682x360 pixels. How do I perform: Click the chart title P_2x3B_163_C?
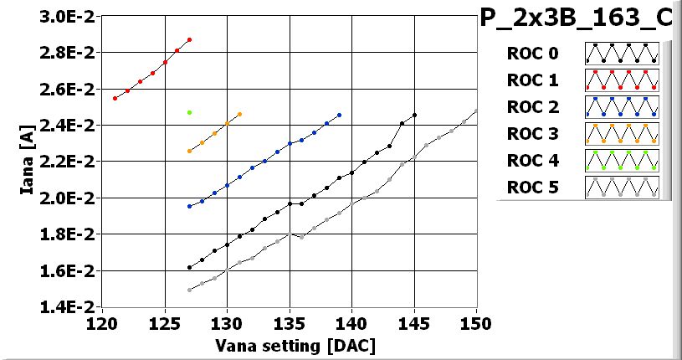(x=576, y=18)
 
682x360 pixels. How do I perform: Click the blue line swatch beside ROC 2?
(x=621, y=106)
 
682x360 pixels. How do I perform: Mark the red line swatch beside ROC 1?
(x=621, y=80)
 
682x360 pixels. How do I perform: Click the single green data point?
(x=190, y=112)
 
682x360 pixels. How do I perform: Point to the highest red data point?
(x=190, y=39)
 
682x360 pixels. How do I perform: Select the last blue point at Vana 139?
(x=339, y=115)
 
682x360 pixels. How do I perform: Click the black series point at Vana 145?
(x=414, y=115)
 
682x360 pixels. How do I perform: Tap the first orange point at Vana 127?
(x=190, y=152)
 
